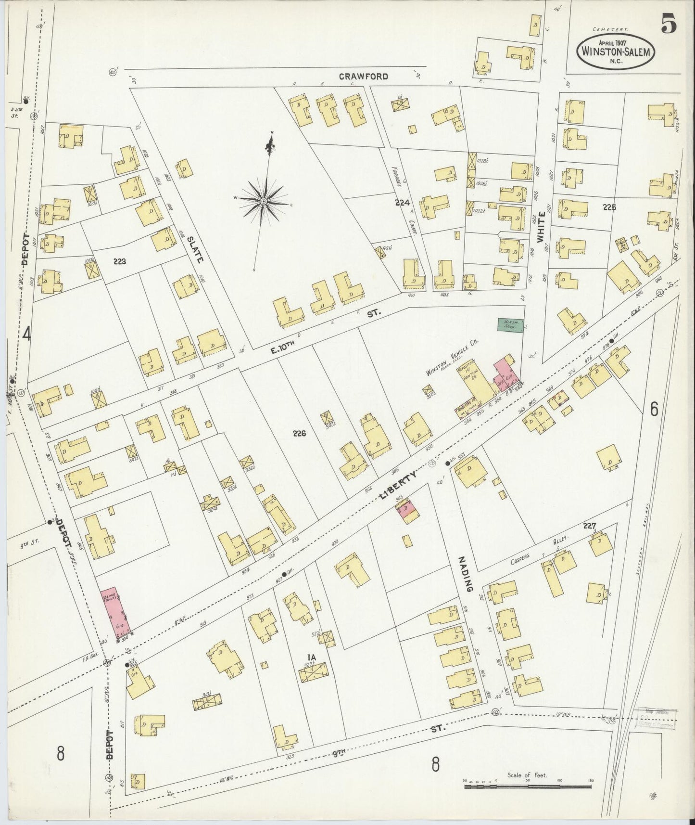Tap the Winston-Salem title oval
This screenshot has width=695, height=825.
(617, 51)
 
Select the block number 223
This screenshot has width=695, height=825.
(120, 261)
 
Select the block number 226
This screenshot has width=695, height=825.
(299, 433)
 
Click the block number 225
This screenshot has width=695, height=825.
(609, 207)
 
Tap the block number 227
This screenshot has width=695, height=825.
(590, 525)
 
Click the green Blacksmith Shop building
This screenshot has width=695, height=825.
(510, 325)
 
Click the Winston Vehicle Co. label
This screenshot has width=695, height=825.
(452, 359)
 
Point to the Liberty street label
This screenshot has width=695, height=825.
(396, 486)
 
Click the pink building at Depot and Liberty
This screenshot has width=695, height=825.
(115, 612)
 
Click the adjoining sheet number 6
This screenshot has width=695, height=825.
(654, 408)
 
